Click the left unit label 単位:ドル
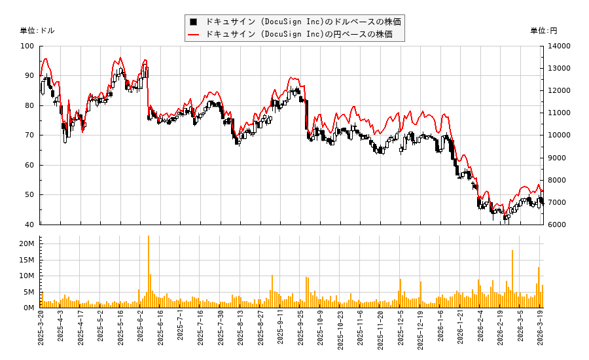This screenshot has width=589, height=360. (37, 31)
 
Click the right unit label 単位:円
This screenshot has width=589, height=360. (543, 31)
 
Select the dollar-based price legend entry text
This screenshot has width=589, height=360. (303, 21)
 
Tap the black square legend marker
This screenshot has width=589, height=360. (194, 21)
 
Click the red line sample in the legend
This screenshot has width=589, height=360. (194, 34)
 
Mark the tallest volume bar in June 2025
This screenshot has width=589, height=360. (149, 272)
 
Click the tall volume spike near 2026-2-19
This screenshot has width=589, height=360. (512, 279)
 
